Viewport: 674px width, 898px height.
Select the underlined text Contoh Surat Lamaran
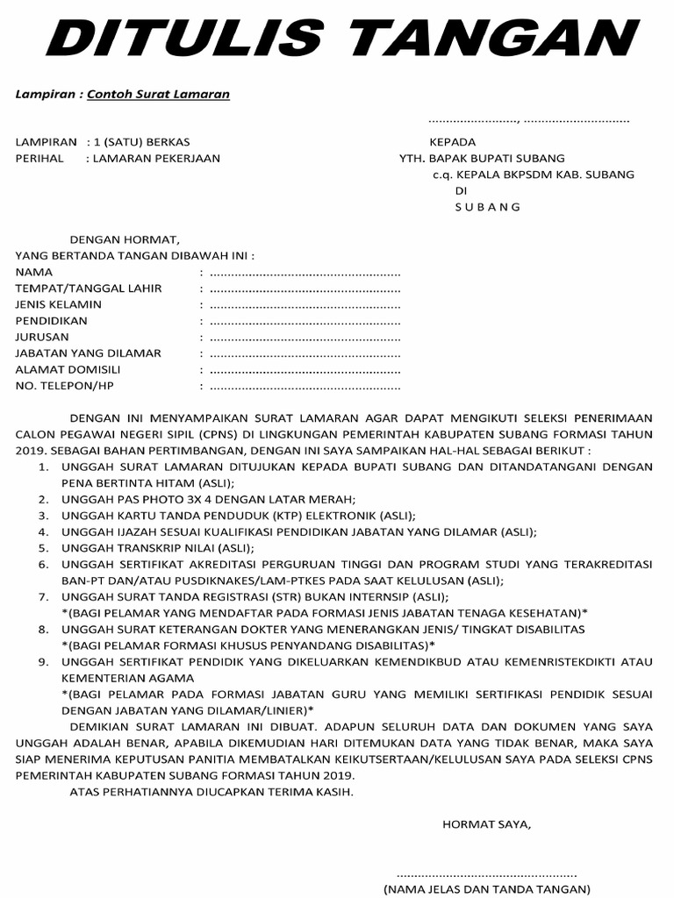[x=158, y=94]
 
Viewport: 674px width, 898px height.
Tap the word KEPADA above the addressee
[x=452, y=142]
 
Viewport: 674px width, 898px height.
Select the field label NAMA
[x=34, y=273]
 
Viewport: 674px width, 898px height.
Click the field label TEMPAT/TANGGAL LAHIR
[x=89, y=289]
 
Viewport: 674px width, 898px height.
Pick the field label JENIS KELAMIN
[x=59, y=304]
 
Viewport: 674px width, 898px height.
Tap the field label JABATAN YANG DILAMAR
[x=89, y=353]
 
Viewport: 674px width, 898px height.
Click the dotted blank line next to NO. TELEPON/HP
[x=305, y=386]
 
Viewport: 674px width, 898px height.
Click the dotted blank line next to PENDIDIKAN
[x=305, y=321]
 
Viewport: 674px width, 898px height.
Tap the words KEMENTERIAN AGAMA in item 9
[x=128, y=678]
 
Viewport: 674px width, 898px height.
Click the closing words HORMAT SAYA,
[x=486, y=824]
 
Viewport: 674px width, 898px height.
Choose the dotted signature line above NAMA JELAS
[x=488, y=874]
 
